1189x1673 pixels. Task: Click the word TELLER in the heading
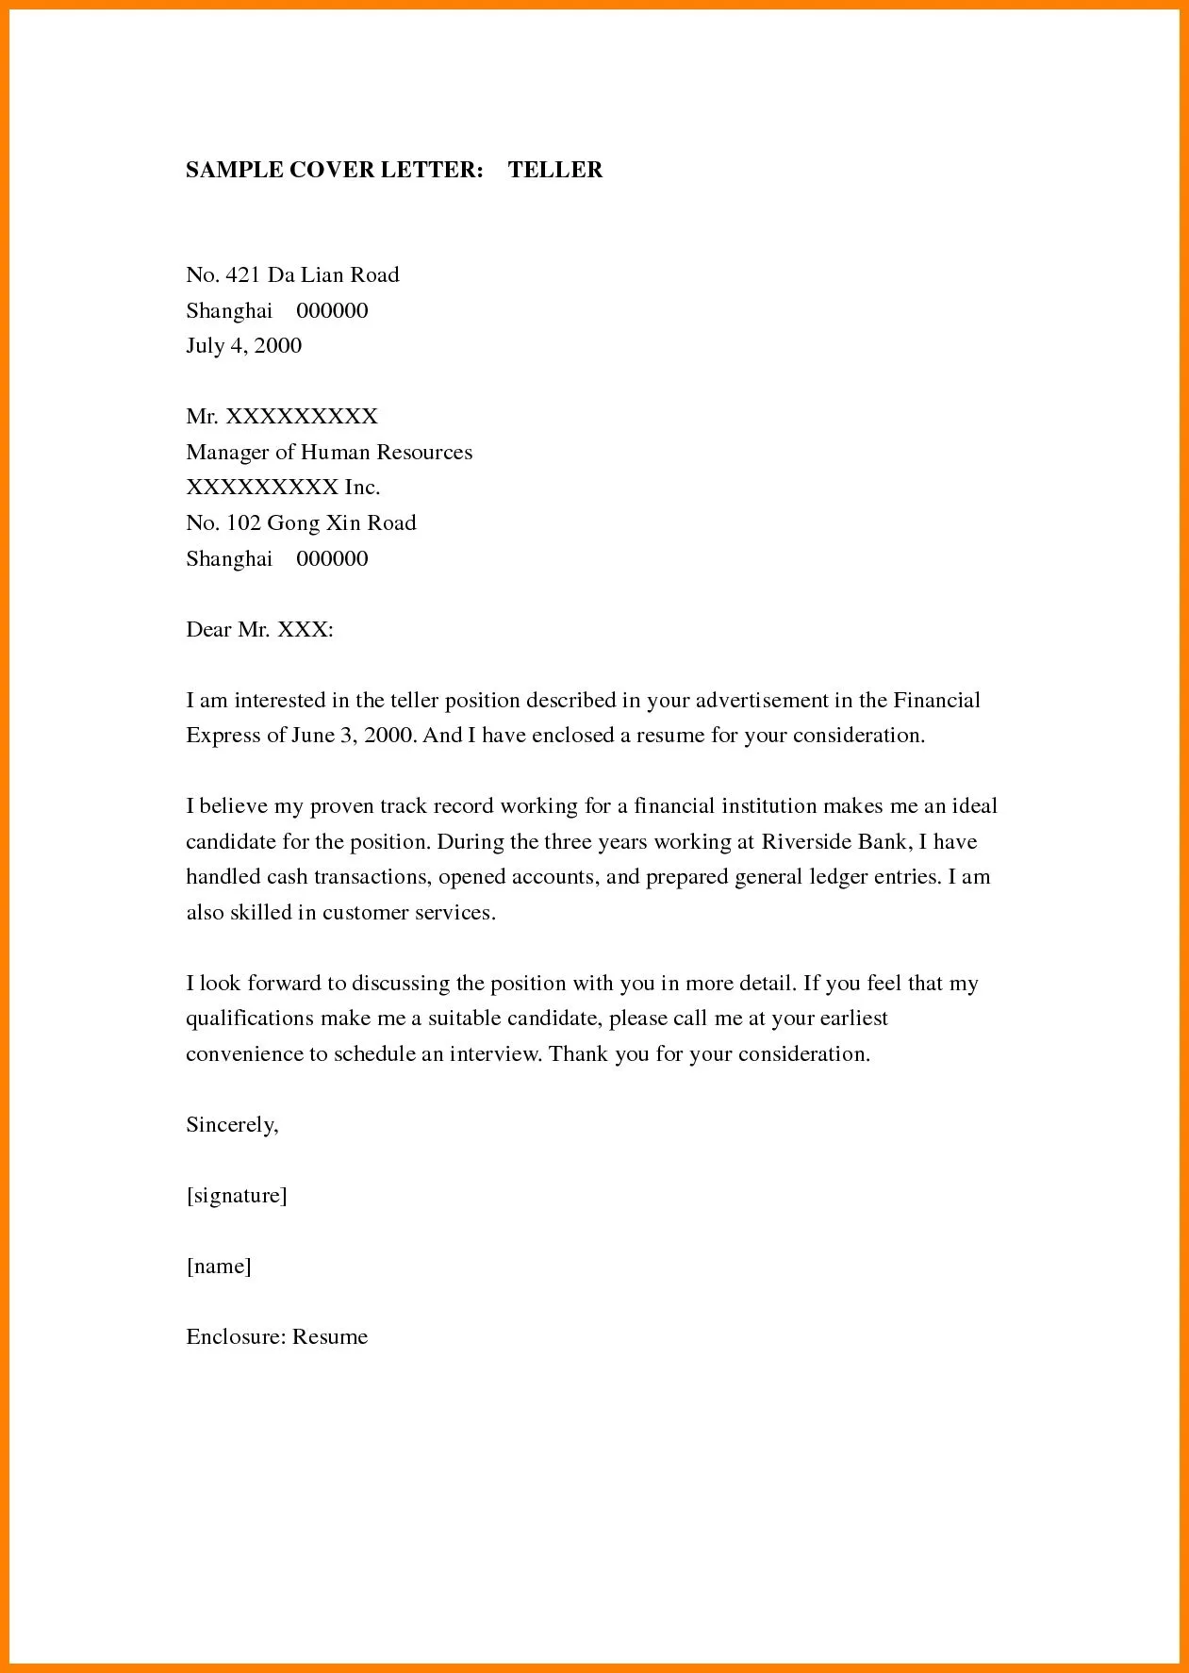click(555, 170)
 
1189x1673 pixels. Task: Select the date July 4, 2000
click(243, 346)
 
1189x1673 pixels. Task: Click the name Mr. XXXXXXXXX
click(281, 417)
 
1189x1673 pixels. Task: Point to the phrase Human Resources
click(386, 453)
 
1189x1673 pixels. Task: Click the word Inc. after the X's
click(362, 488)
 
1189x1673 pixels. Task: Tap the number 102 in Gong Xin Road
click(242, 523)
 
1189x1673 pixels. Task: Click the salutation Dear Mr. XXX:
click(259, 630)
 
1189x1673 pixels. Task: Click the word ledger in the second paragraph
click(832, 877)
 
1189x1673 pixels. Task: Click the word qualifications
click(249, 1019)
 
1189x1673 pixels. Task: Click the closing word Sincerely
click(231, 1125)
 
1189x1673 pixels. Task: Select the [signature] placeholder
click(236, 1196)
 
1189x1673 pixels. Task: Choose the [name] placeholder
click(219, 1267)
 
